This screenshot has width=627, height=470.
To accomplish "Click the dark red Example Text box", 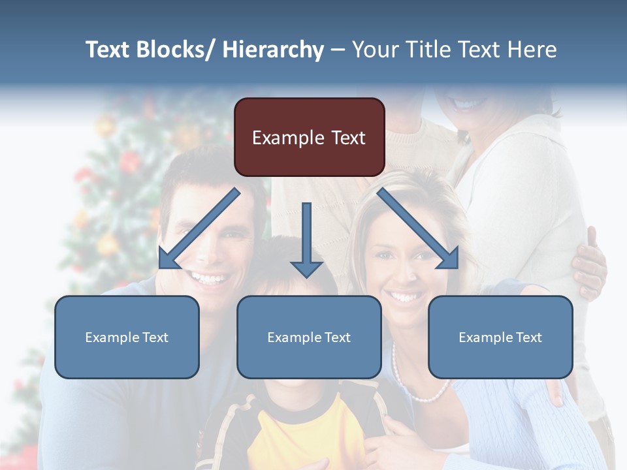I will [309, 137].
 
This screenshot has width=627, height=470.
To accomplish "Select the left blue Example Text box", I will [127, 337].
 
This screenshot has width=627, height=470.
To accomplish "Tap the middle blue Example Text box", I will [309, 337].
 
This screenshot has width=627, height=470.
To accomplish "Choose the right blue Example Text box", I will [500, 337].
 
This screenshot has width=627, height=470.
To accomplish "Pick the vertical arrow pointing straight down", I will [306, 239].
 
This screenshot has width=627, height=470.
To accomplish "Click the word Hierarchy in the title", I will [272, 50].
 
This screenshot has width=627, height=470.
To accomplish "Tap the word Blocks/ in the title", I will [176, 50].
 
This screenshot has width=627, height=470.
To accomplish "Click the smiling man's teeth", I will [210, 279].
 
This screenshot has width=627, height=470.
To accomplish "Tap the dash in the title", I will [338, 50].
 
